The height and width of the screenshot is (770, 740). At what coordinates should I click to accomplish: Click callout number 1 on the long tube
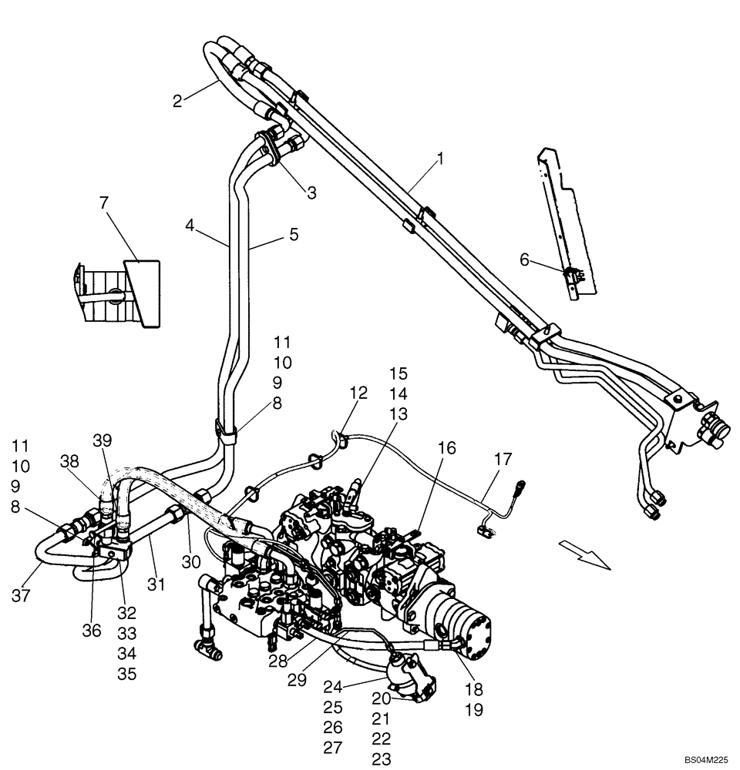click(x=439, y=160)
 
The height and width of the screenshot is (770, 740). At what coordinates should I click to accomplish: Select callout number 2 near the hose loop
click(x=177, y=101)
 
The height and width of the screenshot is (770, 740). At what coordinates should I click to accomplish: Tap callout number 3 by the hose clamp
click(x=311, y=193)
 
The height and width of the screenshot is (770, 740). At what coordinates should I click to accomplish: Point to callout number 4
click(x=190, y=226)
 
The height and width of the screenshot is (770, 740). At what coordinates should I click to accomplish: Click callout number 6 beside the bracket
click(x=525, y=261)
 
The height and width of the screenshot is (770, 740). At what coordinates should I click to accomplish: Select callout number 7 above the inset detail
click(x=104, y=203)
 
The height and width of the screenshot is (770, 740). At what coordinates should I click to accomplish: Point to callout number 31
click(x=156, y=585)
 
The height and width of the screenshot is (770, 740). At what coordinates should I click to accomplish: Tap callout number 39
click(x=103, y=440)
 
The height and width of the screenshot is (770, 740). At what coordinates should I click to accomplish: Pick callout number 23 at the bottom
click(x=382, y=759)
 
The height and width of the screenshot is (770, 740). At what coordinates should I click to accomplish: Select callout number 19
click(x=475, y=711)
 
